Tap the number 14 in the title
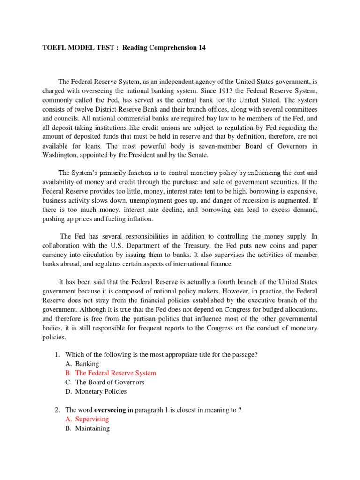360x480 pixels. tap(201, 48)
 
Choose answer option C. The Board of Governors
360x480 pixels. tap(105, 382)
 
